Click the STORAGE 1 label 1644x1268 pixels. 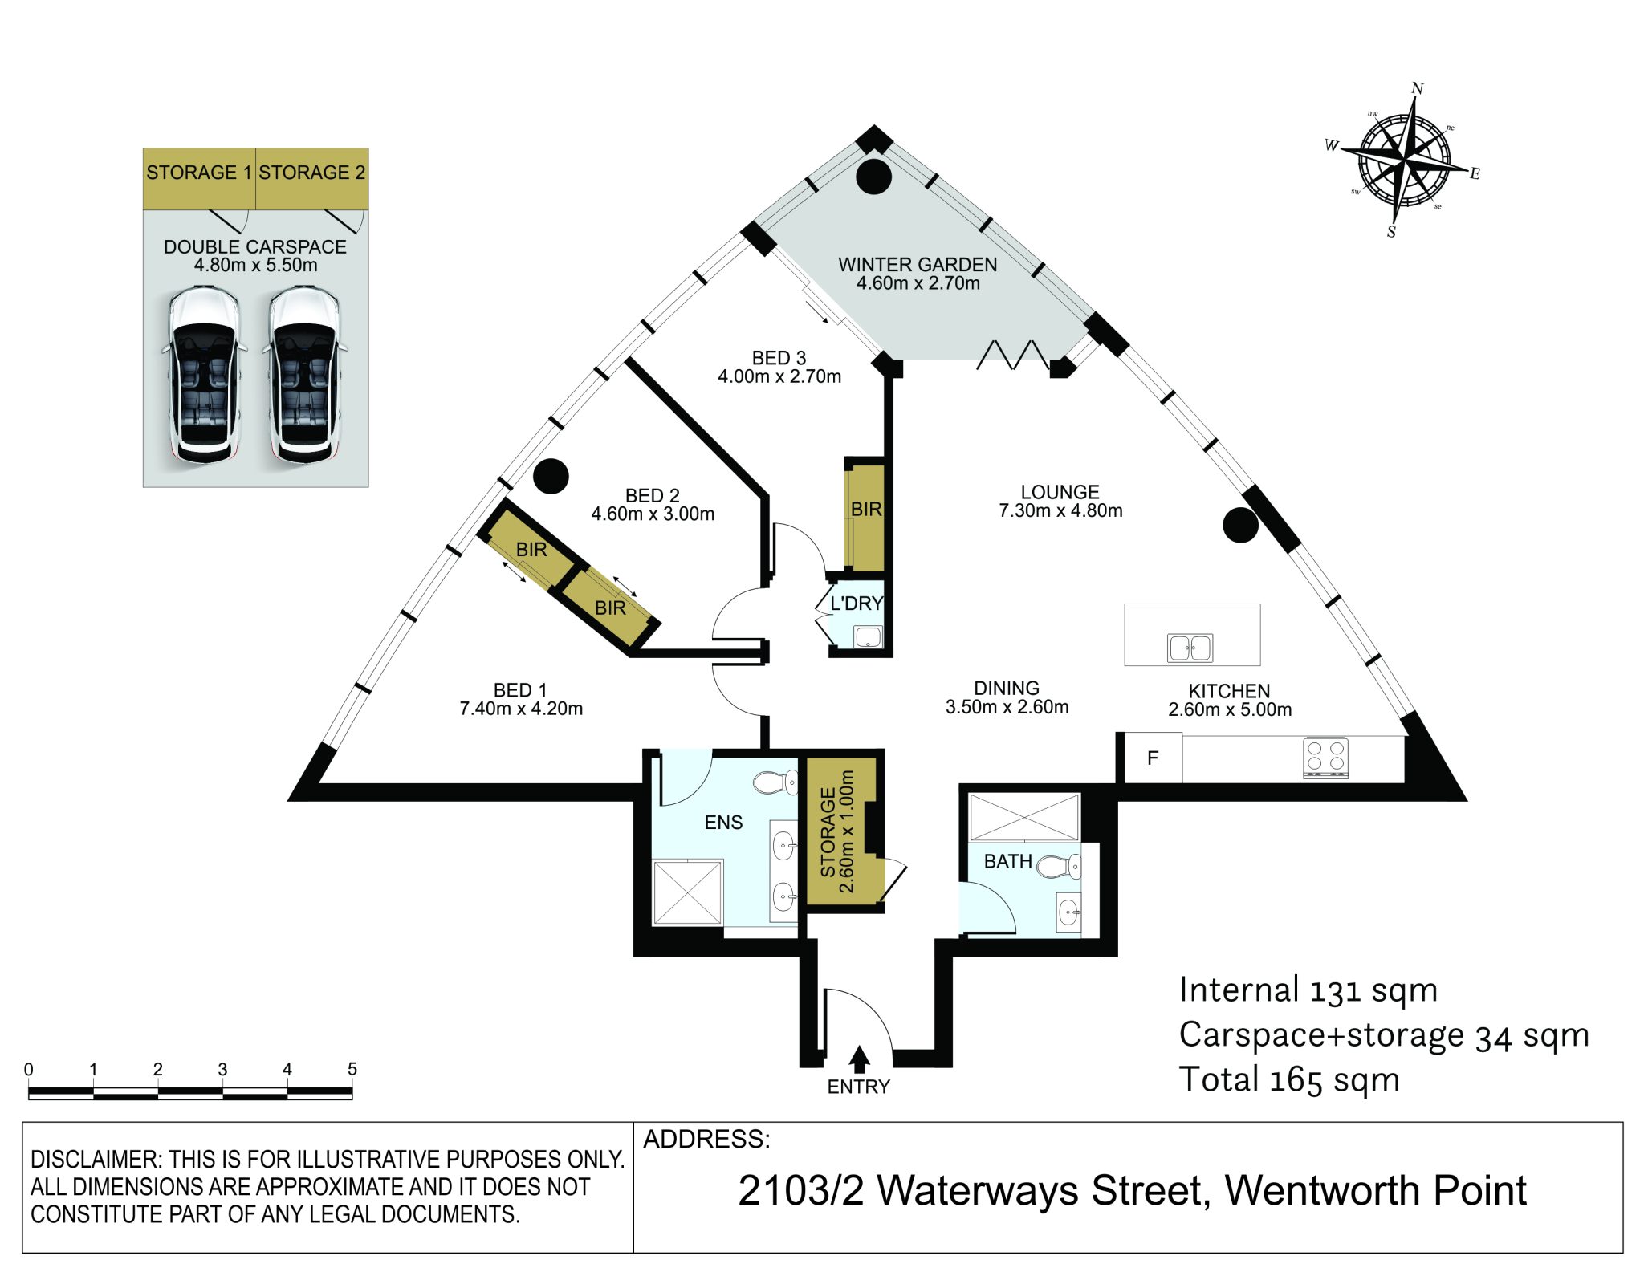[x=198, y=173]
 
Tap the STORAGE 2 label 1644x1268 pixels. [x=311, y=173]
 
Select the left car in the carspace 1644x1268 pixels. [x=204, y=376]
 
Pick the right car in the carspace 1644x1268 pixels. [x=305, y=376]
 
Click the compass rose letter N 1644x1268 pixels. [x=1418, y=88]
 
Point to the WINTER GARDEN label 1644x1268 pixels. [x=918, y=264]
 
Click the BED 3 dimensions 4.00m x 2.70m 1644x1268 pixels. [x=779, y=376]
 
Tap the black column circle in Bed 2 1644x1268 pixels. [x=551, y=476]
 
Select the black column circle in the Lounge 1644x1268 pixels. [x=1240, y=526]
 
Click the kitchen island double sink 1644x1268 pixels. [x=1190, y=648]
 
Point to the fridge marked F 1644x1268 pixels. [x=1153, y=758]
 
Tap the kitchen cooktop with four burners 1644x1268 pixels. [x=1325, y=758]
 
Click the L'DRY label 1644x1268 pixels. [x=857, y=604]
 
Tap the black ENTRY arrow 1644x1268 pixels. [x=859, y=1059]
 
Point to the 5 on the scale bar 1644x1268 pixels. [x=352, y=1069]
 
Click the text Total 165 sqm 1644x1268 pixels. [x=1289, y=1080]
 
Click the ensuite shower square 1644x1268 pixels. [x=688, y=892]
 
